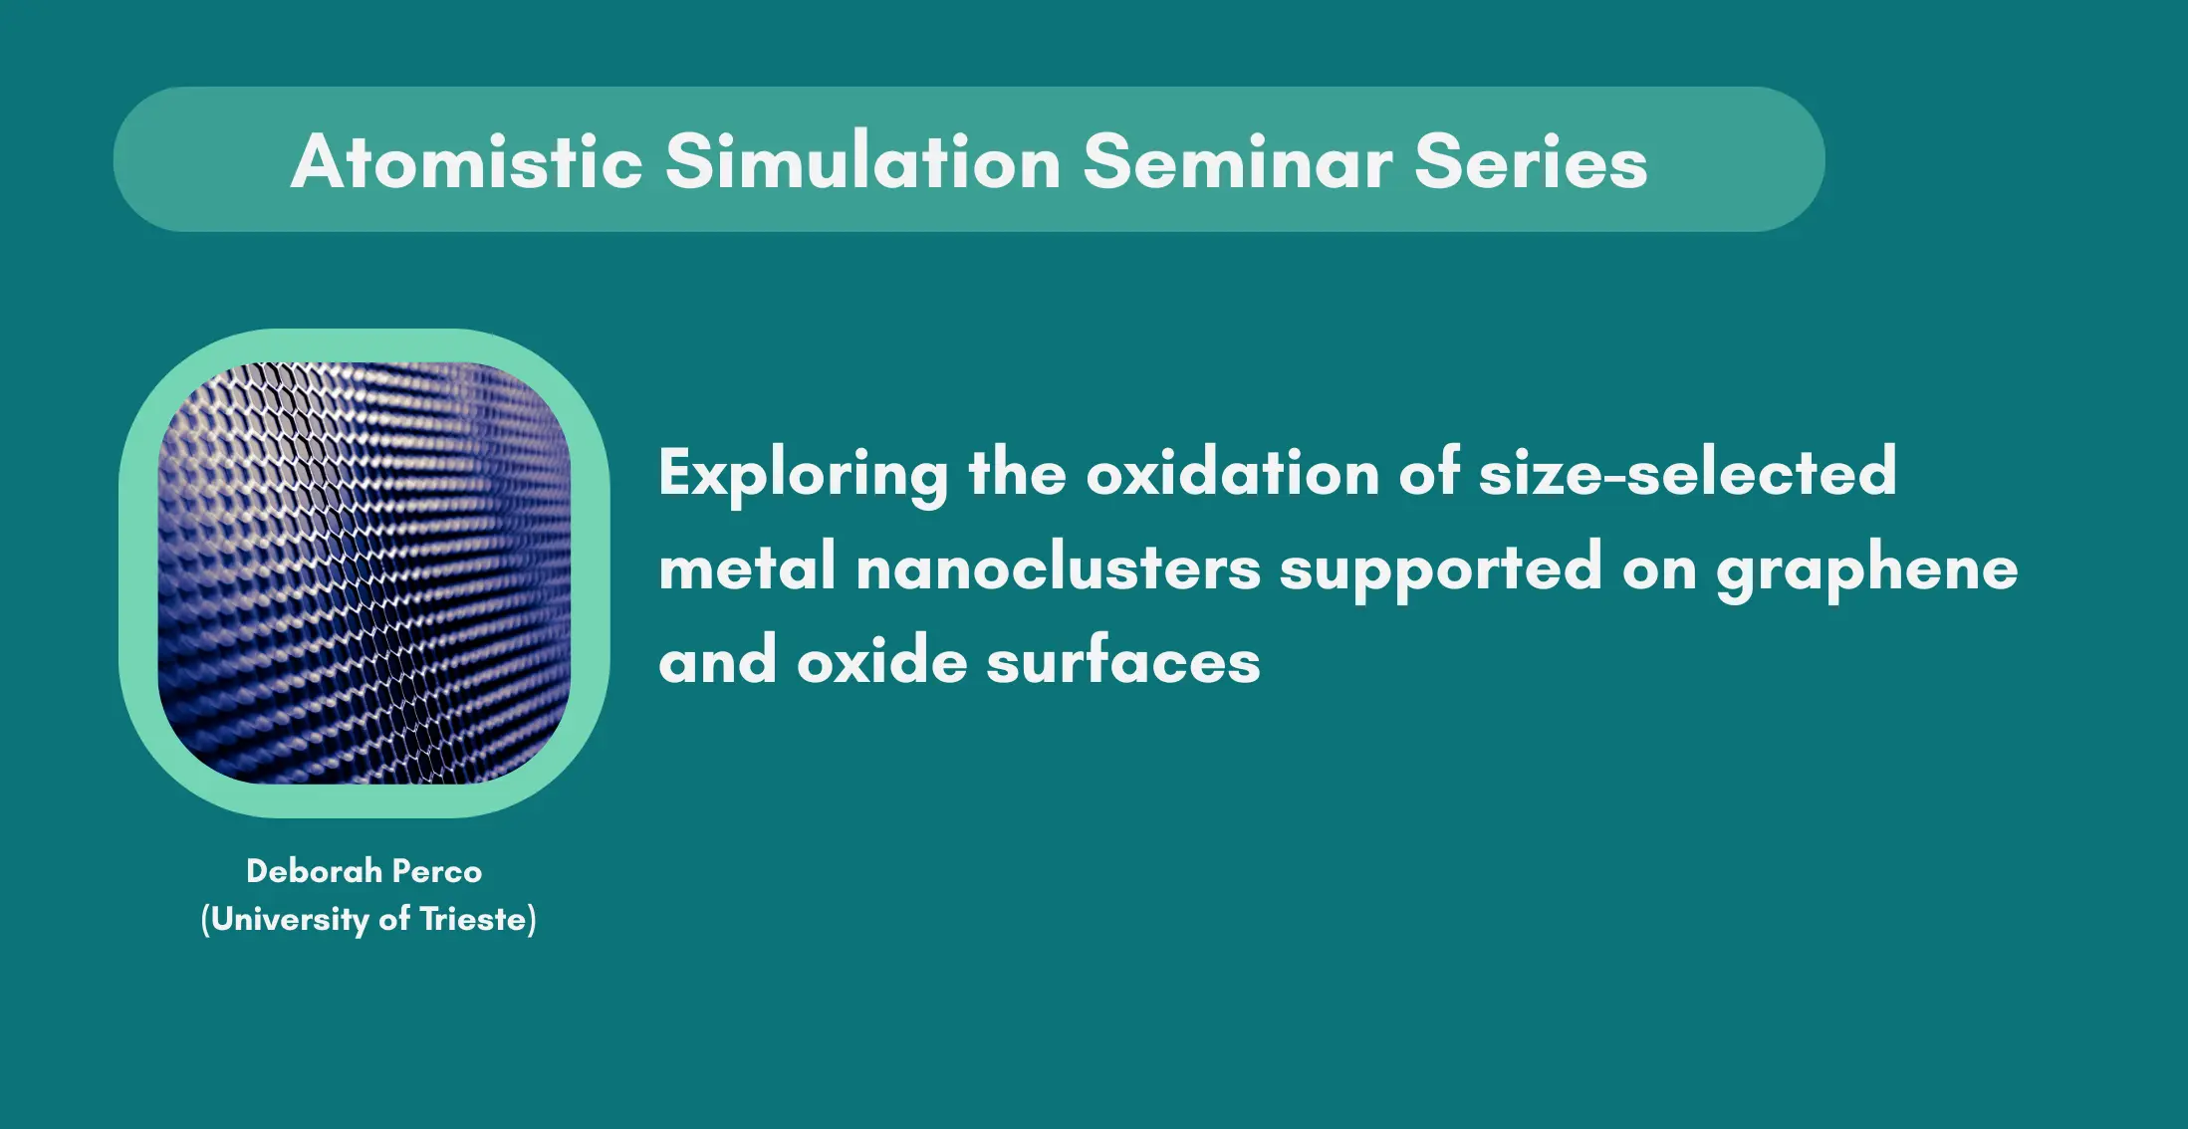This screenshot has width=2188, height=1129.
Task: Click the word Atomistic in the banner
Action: pyautogui.click(x=467, y=161)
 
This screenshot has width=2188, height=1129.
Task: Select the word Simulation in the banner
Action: pyautogui.click(x=862, y=161)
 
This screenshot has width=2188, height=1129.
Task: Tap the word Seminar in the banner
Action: pyautogui.click(x=1238, y=161)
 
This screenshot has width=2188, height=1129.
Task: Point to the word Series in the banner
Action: pyautogui.click(x=1531, y=161)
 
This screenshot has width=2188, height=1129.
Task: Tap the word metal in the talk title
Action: pyautogui.click(x=747, y=567)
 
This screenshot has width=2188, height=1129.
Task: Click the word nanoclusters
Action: pyautogui.click(x=1058, y=567)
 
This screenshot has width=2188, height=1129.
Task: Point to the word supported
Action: pyautogui.click(x=1440, y=570)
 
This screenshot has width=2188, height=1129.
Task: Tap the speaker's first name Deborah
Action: pyautogui.click(x=314, y=871)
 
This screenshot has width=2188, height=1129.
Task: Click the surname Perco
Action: pyautogui.click(x=437, y=871)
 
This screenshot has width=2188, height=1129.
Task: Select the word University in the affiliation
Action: pyautogui.click(x=290, y=919)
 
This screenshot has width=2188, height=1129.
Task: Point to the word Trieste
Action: pyautogui.click(x=473, y=918)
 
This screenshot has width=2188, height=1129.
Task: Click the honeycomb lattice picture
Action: pyautogui.click(x=365, y=573)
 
